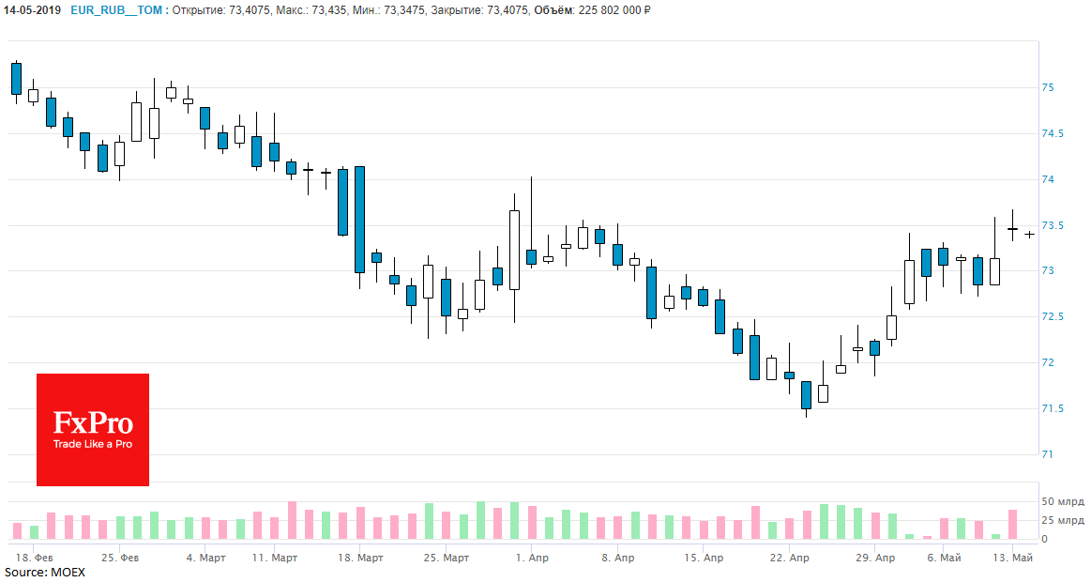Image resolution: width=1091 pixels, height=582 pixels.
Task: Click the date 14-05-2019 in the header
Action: click(31, 10)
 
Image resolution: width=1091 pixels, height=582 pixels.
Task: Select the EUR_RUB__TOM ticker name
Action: click(117, 10)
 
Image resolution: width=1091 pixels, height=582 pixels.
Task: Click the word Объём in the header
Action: click(555, 10)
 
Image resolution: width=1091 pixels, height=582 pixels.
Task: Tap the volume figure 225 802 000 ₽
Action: click(615, 10)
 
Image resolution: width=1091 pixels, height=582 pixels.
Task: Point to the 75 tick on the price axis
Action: click(1048, 88)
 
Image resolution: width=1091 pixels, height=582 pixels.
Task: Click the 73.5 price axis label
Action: click(1052, 225)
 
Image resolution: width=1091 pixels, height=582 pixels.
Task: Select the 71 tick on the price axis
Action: click(1048, 454)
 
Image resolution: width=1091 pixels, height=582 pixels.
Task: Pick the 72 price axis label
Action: click(1048, 363)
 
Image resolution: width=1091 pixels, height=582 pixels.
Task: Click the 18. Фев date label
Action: click(34, 558)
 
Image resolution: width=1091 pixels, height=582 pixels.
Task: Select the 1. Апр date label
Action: click(532, 558)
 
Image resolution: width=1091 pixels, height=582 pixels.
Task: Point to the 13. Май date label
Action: click(1013, 558)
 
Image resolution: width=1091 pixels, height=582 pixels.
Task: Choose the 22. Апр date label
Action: click(789, 558)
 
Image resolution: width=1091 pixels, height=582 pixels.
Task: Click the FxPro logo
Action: click(93, 430)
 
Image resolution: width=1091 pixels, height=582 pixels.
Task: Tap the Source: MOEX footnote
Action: click(44, 572)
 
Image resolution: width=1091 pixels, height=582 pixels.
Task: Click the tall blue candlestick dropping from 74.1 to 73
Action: click(359, 220)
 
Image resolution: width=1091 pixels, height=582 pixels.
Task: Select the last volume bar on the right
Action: click(1013, 525)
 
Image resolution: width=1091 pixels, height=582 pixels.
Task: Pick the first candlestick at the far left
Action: click(16, 79)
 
